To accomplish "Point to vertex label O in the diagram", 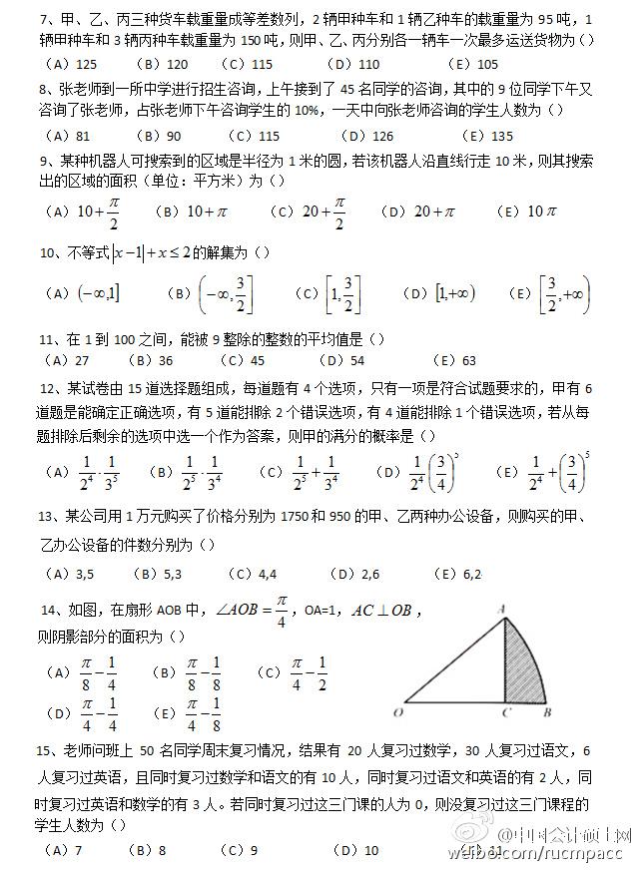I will coord(397,712).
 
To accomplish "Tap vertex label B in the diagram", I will coord(546,712).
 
